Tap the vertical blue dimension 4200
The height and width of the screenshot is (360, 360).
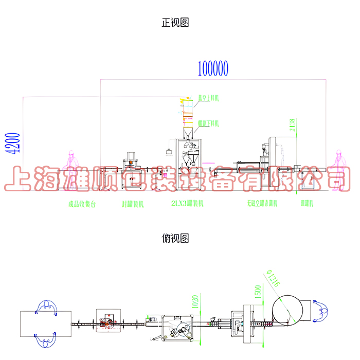[15, 144]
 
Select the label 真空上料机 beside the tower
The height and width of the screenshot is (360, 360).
[209, 97]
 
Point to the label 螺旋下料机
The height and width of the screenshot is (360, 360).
[209, 123]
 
